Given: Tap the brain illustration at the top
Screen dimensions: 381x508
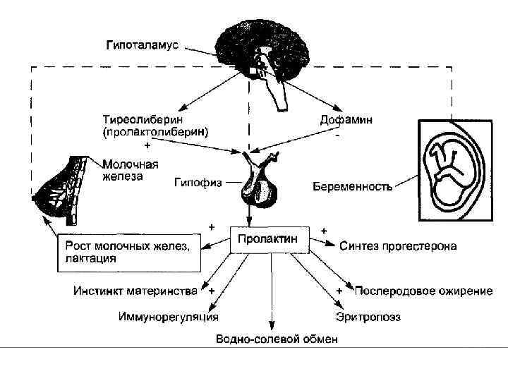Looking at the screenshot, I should point(261,53).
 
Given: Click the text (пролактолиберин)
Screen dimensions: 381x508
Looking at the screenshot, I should point(155,132).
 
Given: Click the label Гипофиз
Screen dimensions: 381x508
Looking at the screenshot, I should point(198,181).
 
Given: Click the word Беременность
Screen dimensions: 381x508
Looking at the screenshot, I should point(353,187).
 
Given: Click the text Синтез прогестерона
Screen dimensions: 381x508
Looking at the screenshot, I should point(398,246).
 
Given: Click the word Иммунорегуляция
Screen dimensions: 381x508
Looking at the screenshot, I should point(167,317).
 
